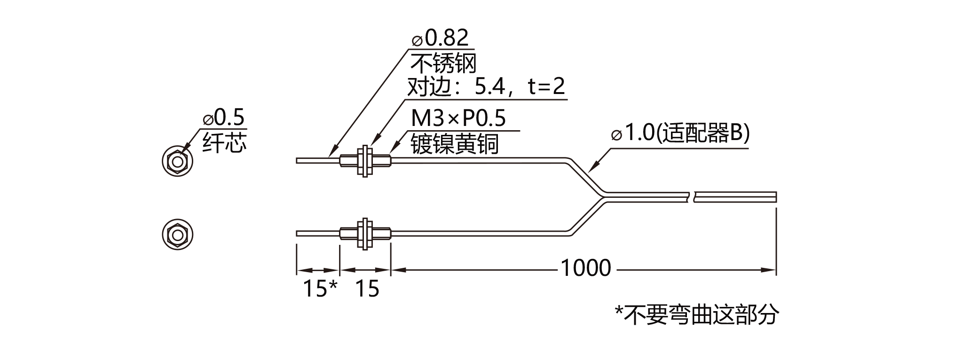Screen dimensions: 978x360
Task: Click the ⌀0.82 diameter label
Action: (x=441, y=38)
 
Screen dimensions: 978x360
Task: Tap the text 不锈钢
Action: (x=443, y=63)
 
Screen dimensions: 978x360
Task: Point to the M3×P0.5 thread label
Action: (x=458, y=118)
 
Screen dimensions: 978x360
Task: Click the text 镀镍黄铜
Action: (x=455, y=143)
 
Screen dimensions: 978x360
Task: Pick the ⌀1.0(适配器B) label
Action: (x=680, y=133)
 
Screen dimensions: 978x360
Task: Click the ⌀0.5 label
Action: (x=224, y=117)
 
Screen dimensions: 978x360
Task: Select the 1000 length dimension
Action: (x=586, y=268)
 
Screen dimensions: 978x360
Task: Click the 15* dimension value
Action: (x=320, y=288)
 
